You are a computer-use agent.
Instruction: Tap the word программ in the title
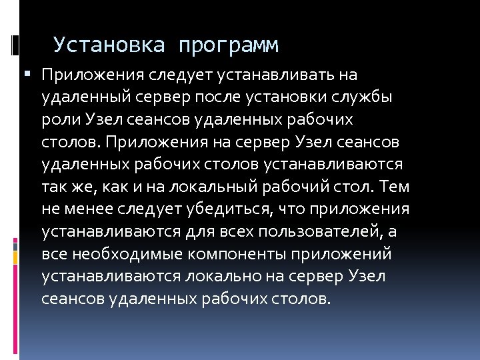pos(228,45)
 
